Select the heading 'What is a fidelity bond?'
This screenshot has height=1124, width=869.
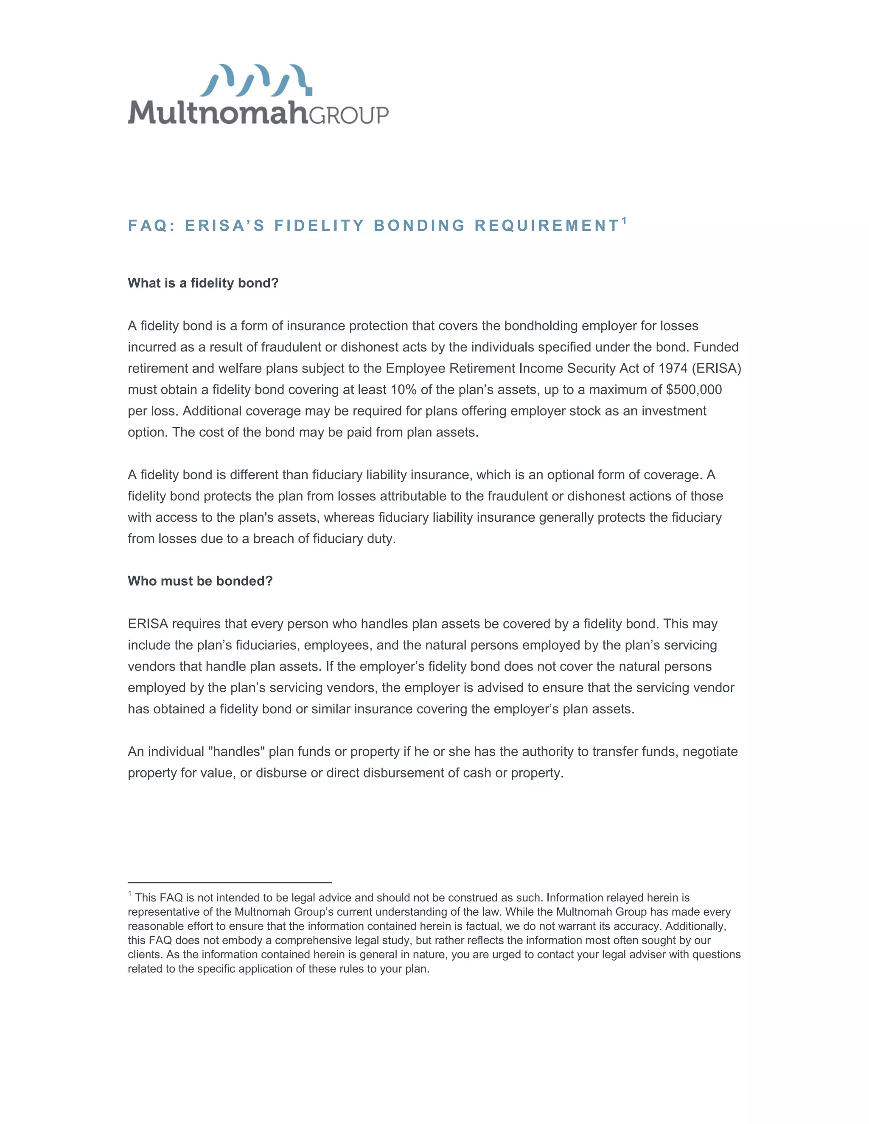pos(203,283)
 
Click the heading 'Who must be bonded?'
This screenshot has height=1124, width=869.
pos(200,581)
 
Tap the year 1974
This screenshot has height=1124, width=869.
pos(673,369)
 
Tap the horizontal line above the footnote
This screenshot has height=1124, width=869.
pos(230,883)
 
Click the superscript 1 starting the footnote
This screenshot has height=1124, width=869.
pos(130,895)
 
